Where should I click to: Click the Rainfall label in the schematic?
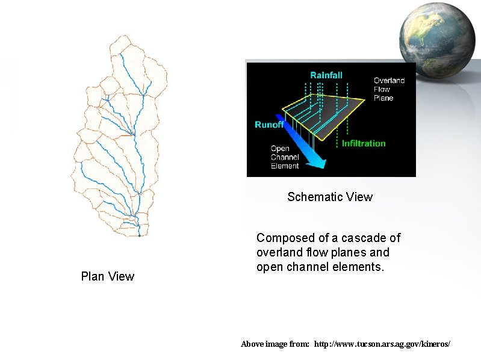tap(326, 75)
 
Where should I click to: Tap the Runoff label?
tap(269, 125)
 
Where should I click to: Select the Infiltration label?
tap(364, 143)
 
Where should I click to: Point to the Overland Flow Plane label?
tap(389, 89)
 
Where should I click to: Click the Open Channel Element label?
tap(285, 157)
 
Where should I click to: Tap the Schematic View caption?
tap(330, 197)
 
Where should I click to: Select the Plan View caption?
tap(108, 276)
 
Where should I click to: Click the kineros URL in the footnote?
tap(382, 344)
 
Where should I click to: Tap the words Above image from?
tap(275, 344)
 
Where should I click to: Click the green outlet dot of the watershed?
tap(139, 236)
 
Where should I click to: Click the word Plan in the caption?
tap(93, 276)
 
